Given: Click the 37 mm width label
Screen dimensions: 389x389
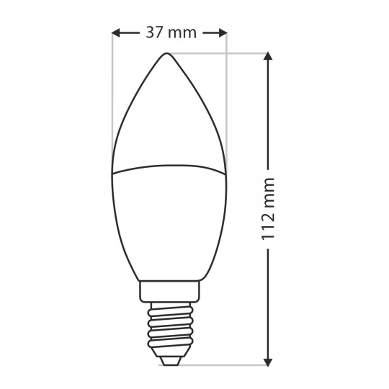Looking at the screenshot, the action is pyautogui.click(x=171, y=32).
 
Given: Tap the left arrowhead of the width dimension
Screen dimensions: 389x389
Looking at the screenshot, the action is pyautogui.click(x=116, y=32).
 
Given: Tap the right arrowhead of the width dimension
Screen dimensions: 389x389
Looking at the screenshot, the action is pyautogui.click(x=223, y=32).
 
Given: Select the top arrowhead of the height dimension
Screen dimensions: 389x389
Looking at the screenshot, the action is pyautogui.click(x=268, y=55).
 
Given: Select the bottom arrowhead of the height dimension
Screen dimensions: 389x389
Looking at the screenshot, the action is pyautogui.click(x=268, y=362).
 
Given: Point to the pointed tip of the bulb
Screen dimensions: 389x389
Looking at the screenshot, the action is pyautogui.click(x=166, y=53).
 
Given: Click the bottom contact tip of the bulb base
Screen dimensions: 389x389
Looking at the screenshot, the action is pyautogui.click(x=169, y=360).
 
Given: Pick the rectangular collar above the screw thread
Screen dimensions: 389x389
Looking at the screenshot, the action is pyautogui.click(x=169, y=292).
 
